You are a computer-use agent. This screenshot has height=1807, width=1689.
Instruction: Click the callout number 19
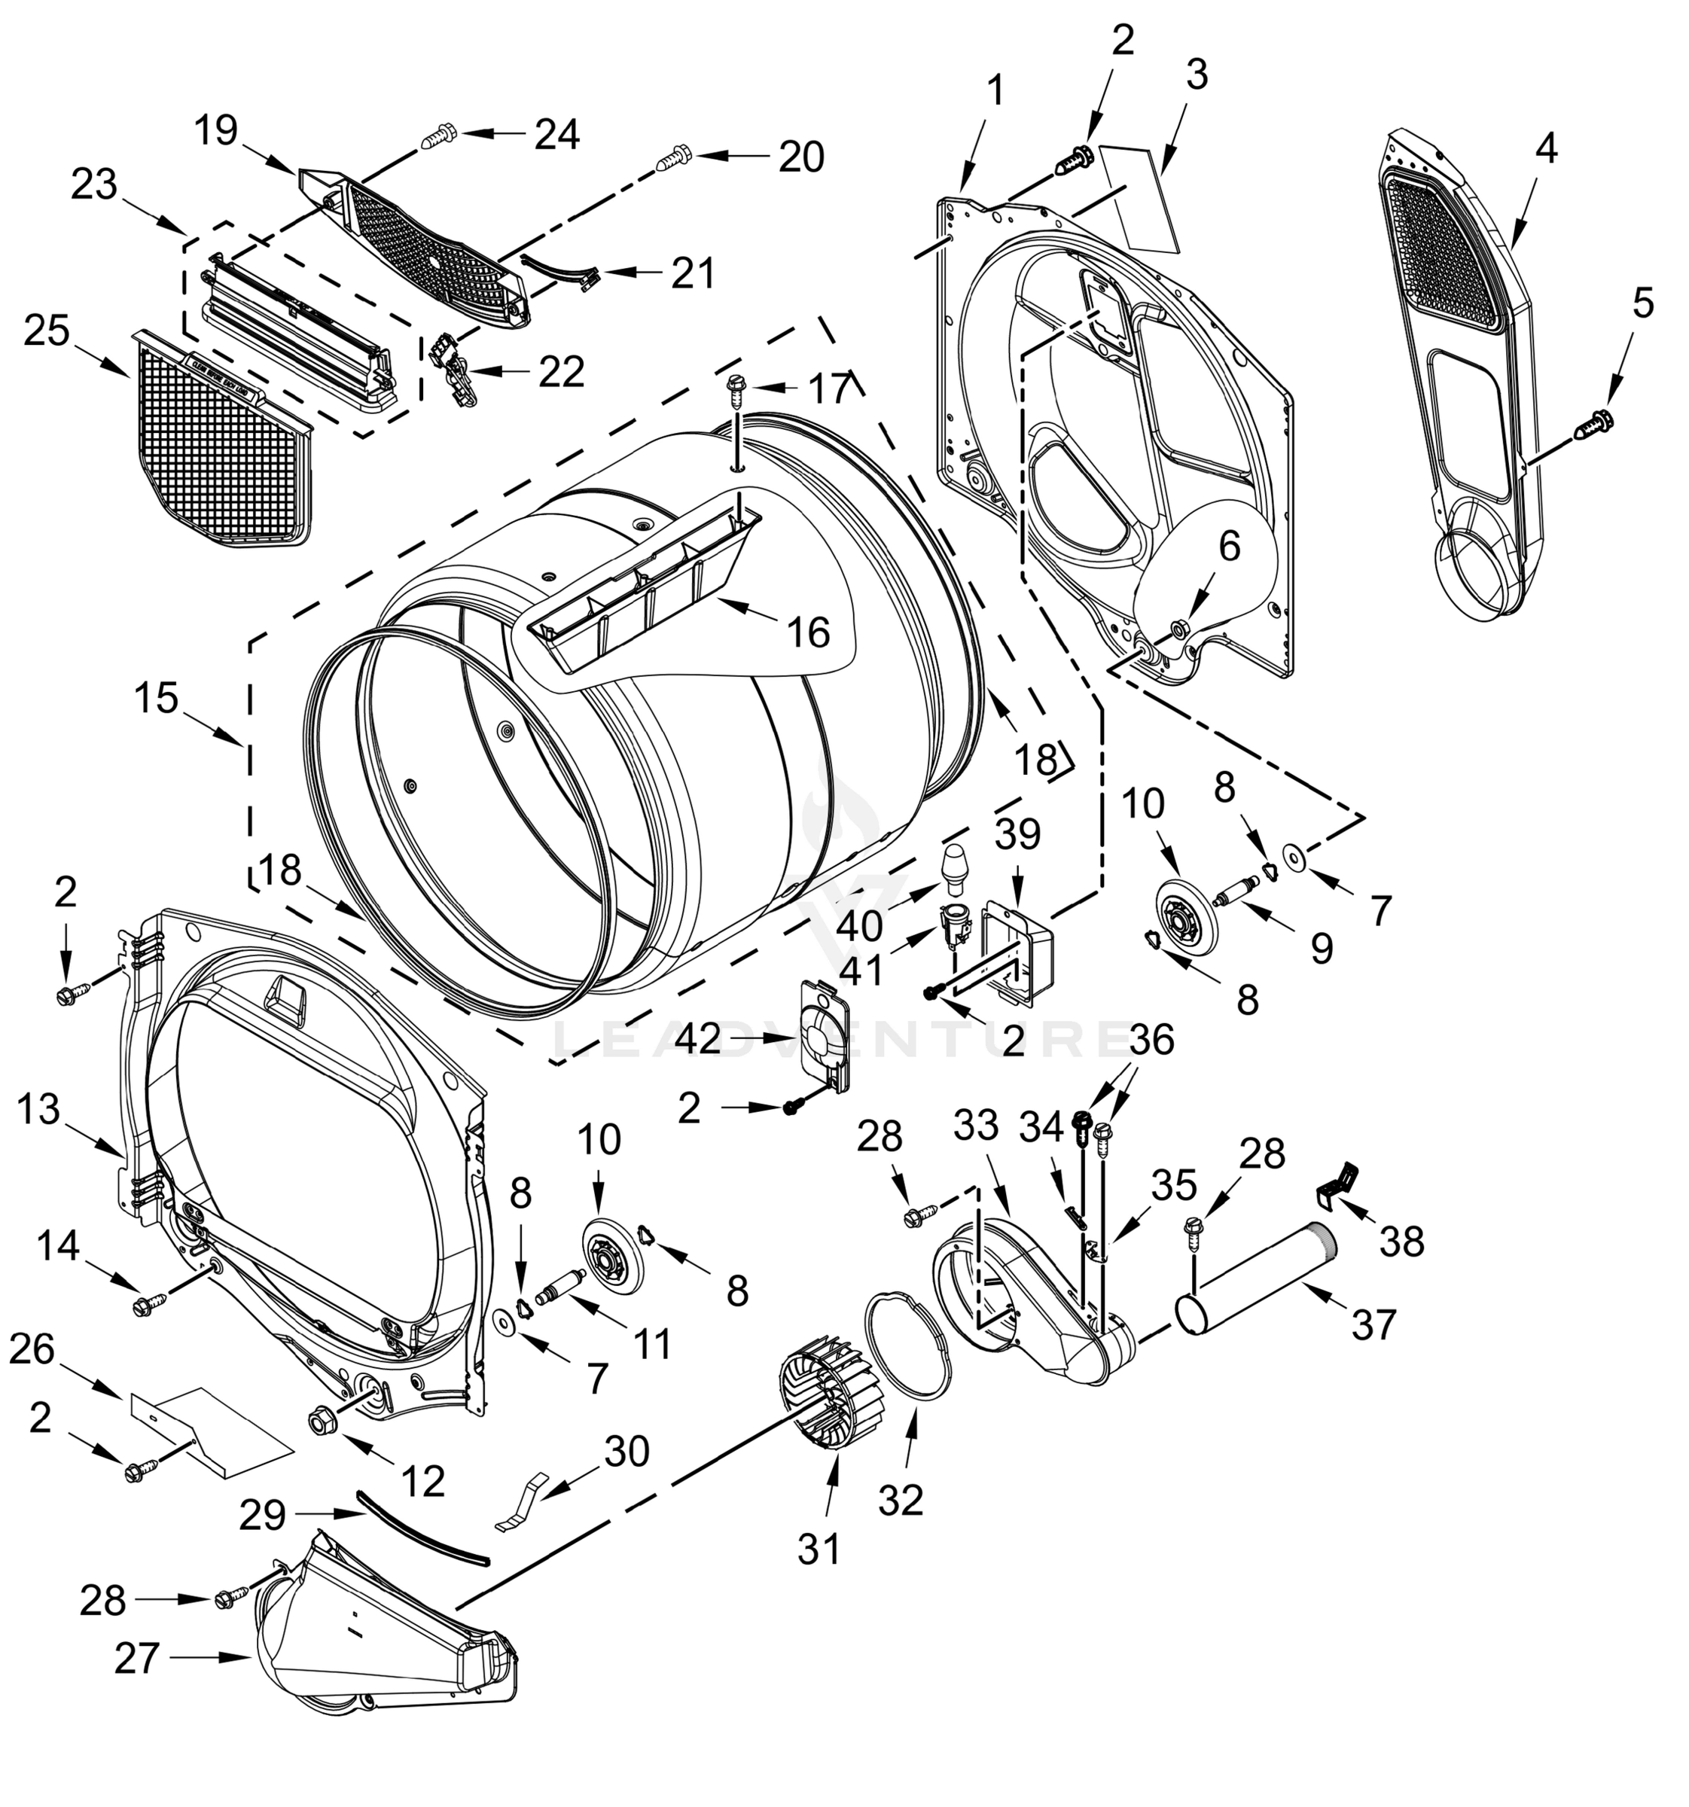tap(216, 130)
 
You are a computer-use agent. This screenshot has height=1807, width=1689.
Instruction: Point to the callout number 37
tap(1373, 1326)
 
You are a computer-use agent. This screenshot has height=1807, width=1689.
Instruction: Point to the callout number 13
tap(38, 1110)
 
